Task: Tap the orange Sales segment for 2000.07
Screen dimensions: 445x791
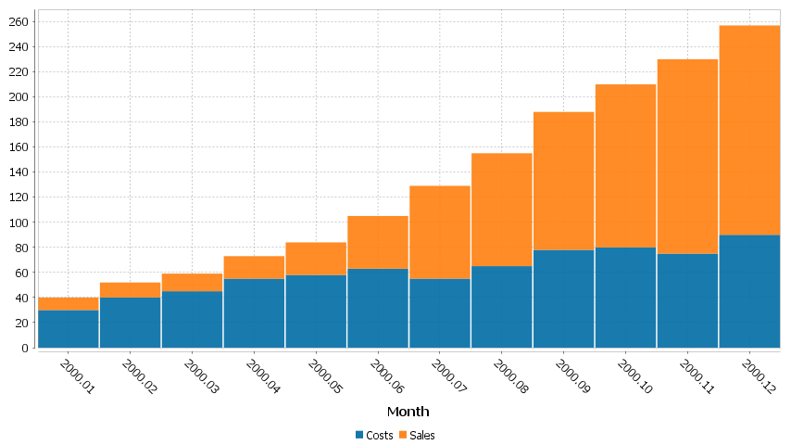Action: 440,233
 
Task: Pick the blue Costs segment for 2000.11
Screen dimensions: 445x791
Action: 687,300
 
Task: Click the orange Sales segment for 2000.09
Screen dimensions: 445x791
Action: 563,181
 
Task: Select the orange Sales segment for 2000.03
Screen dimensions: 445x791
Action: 192,283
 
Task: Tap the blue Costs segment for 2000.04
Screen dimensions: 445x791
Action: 254,313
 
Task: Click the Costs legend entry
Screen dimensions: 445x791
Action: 374,435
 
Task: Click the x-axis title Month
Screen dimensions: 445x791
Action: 408,411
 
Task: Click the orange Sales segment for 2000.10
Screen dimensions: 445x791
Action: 625,166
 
